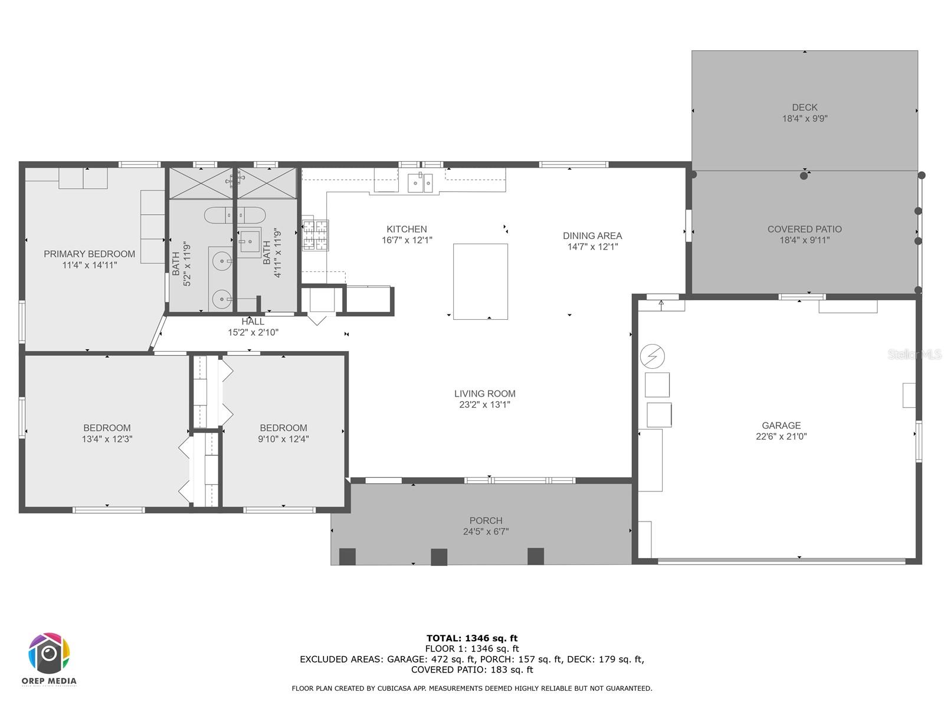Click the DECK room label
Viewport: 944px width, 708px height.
click(x=805, y=107)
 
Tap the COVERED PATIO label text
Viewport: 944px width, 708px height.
click(x=804, y=229)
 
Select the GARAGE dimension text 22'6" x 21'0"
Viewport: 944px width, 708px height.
click(x=781, y=437)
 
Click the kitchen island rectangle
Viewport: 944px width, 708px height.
click(x=480, y=281)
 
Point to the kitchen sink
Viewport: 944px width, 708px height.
click(x=421, y=183)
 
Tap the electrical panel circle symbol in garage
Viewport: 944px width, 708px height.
click(x=653, y=356)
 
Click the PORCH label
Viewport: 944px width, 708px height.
click(x=486, y=520)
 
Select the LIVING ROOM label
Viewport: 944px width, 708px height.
click(x=484, y=394)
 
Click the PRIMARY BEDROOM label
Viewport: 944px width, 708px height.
click(x=89, y=254)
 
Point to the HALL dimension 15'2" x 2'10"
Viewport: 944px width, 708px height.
click(x=253, y=333)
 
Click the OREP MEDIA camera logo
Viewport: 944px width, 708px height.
click(x=50, y=654)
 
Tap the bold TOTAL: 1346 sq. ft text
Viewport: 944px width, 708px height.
click(x=471, y=638)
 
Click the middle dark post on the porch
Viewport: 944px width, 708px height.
click(x=439, y=557)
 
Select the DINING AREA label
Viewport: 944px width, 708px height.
click(x=592, y=235)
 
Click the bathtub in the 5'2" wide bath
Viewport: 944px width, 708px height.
click(x=219, y=215)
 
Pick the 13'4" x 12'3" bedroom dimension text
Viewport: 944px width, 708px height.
click(x=107, y=439)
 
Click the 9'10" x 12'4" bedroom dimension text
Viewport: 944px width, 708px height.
click(x=283, y=439)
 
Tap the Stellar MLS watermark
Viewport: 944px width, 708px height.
click(x=914, y=354)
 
